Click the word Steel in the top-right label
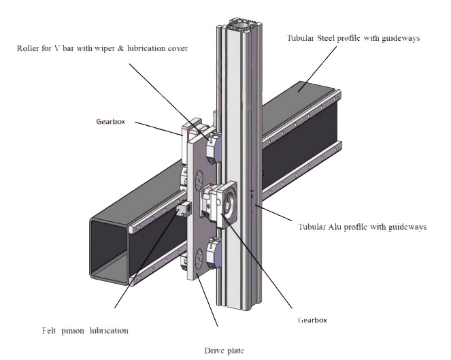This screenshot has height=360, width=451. click(x=328, y=38)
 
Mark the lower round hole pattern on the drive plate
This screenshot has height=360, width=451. click(x=199, y=257)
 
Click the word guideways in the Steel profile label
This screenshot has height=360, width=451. click(x=398, y=38)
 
